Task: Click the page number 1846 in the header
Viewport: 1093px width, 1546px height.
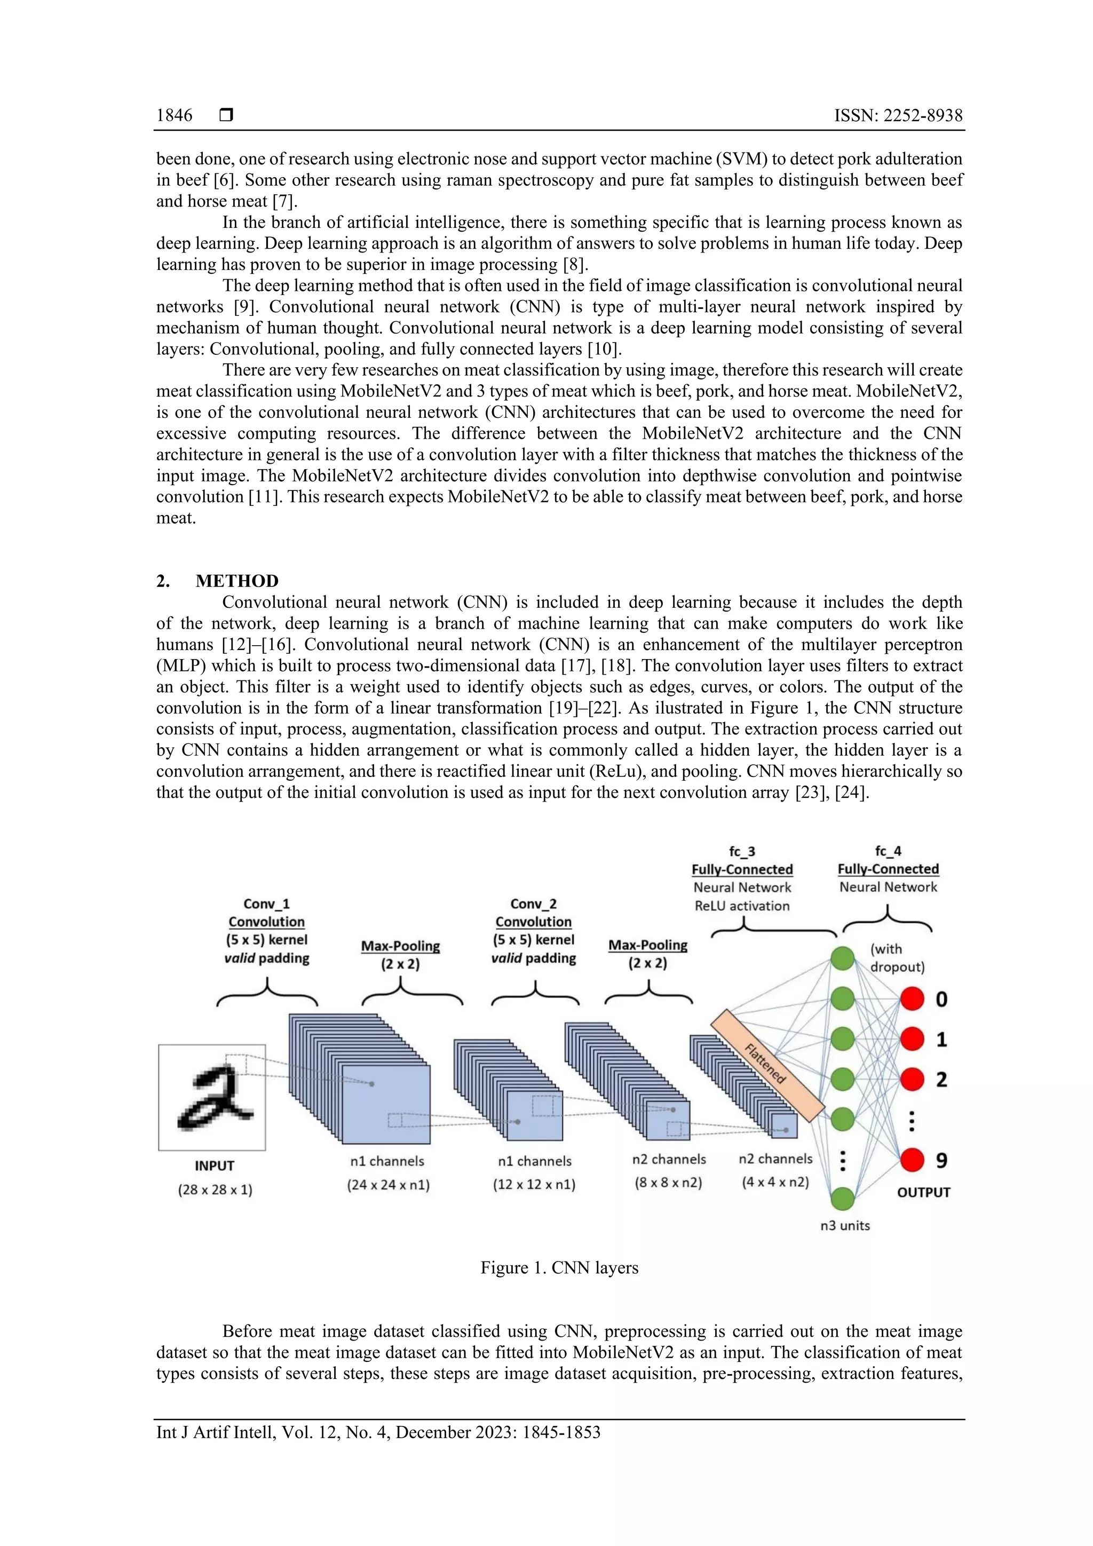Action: [x=174, y=115]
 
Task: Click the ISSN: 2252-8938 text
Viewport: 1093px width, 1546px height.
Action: [x=898, y=115]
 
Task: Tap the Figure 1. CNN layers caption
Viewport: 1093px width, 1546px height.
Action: [x=559, y=1267]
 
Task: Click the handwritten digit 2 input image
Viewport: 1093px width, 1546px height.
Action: [x=212, y=1097]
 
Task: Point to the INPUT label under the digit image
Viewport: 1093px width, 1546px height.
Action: [x=214, y=1166]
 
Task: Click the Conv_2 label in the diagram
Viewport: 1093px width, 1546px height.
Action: [x=533, y=903]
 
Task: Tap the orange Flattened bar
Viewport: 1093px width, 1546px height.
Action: [x=767, y=1065]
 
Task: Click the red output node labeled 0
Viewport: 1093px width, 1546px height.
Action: [x=912, y=999]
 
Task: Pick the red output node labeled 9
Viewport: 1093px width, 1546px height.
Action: [x=912, y=1160]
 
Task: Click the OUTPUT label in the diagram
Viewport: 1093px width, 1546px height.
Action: [x=923, y=1192]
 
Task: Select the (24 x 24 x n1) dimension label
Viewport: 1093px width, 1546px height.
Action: [x=388, y=1184]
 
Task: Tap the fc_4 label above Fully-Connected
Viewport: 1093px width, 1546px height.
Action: [x=888, y=851]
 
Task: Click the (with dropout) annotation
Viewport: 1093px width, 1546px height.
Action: [x=897, y=957]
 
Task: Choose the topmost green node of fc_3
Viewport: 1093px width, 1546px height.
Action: [x=842, y=958]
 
